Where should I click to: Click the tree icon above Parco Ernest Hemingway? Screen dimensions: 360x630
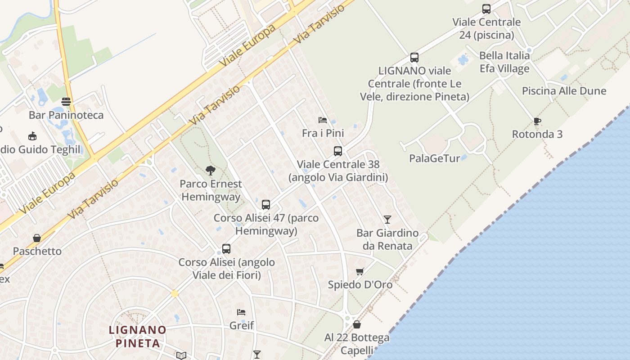tap(210, 171)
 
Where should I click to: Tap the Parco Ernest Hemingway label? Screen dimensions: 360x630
tap(211, 190)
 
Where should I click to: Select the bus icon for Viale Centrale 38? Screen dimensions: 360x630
tap(338, 151)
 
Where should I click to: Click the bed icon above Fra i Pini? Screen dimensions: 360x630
tap(322, 120)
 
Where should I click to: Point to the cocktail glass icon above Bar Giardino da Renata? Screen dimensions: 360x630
tap(387, 220)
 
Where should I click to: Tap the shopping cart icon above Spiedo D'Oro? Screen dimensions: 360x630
tap(360, 271)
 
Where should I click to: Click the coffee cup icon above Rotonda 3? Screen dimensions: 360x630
tap(537, 121)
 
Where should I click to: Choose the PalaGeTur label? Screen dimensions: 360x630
tap(435, 158)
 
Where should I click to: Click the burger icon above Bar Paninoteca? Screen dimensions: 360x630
tap(66, 101)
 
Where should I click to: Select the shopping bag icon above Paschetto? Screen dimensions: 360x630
tap(37, 238)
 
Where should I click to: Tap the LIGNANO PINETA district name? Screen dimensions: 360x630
tap(138, 336)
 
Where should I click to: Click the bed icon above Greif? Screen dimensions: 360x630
tap(241, 312)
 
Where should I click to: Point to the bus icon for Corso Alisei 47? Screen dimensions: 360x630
tap(266, 205)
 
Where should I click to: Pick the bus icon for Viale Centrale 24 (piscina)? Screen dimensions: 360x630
tap(486, 9)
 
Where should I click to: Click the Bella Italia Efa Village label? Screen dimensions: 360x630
tap(504, 62)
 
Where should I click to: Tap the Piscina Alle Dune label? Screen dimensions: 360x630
tap(564, 91)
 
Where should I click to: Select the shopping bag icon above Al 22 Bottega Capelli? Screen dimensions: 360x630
tap(357, 324)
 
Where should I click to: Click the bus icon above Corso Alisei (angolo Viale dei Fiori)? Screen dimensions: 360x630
tap(226, 249)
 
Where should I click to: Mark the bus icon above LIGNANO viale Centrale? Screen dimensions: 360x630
tap(414, 58)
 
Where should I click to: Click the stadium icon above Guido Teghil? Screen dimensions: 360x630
tap(32, 136)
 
